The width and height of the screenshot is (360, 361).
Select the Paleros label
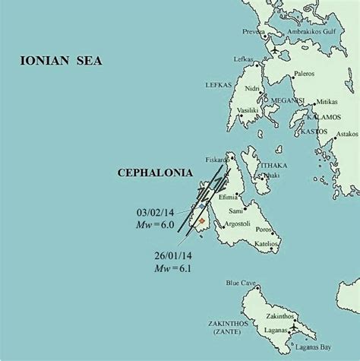coord(304,74)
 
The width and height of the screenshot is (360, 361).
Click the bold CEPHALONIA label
coord(152,173)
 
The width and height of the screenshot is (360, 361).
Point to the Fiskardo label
coord(216,160)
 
